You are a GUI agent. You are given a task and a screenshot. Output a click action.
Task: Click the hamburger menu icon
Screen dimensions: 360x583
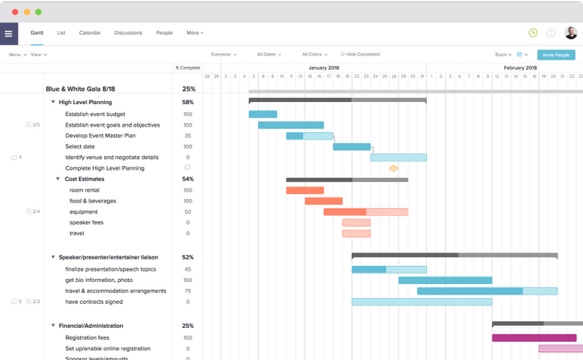pos(9,33)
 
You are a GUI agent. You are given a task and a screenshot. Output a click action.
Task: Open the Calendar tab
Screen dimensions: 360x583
pos(90,33)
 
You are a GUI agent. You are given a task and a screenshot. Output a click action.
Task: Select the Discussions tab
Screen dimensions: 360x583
pos(128,33)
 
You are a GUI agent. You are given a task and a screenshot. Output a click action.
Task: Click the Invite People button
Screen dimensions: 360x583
pos(555,55)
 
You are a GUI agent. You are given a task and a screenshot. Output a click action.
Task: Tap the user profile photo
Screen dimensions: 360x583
pos(571,33)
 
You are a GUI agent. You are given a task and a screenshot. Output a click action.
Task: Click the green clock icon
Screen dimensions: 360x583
pos(533,33)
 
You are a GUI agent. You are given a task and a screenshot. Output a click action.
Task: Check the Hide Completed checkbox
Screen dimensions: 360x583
pos(343,54)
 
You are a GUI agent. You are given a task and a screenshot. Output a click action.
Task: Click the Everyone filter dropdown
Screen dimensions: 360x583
pos(223,54)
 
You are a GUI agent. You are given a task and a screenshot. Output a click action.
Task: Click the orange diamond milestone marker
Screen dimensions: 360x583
pos(394,168)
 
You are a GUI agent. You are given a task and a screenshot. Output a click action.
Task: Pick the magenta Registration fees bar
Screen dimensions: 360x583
pos(534,337)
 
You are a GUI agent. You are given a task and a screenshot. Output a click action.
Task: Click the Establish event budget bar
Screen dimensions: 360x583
pos(263,114)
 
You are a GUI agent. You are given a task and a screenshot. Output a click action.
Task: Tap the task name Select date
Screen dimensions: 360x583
pos(80,146)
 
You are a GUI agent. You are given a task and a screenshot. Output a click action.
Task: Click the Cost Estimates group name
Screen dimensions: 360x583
pos(85,179)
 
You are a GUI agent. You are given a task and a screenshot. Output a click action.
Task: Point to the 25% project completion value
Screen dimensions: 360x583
pos(188,89)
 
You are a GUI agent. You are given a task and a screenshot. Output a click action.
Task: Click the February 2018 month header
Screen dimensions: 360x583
pos(520,68)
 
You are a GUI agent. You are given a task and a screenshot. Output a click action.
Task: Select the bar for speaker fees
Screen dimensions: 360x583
pos(356,222)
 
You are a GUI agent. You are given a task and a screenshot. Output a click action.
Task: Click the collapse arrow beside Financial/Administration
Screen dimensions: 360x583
pos(53,326)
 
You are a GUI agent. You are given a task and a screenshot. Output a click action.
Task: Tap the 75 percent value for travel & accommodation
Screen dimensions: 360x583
pos(188,291)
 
